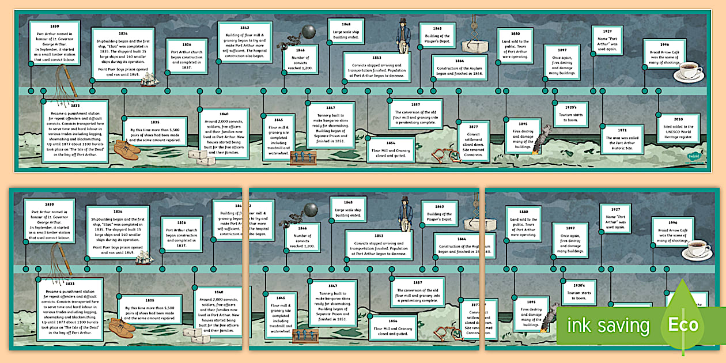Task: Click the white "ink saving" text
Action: (x=608, y=326)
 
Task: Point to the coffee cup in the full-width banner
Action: (x=689, y=71)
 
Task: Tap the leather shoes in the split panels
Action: (x=122, y=327)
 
